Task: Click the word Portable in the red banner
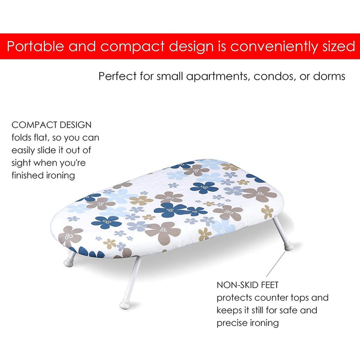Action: pyautogui.click(x=35, y=46)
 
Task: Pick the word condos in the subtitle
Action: pyautogui.click(x=271, y=76)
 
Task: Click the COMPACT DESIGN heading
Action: pyautogui.click(x=51, y=125)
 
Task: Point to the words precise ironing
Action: pyautogui.click(x=247, y=323)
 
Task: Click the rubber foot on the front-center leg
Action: pyautogui.click(x=125, y=304)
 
